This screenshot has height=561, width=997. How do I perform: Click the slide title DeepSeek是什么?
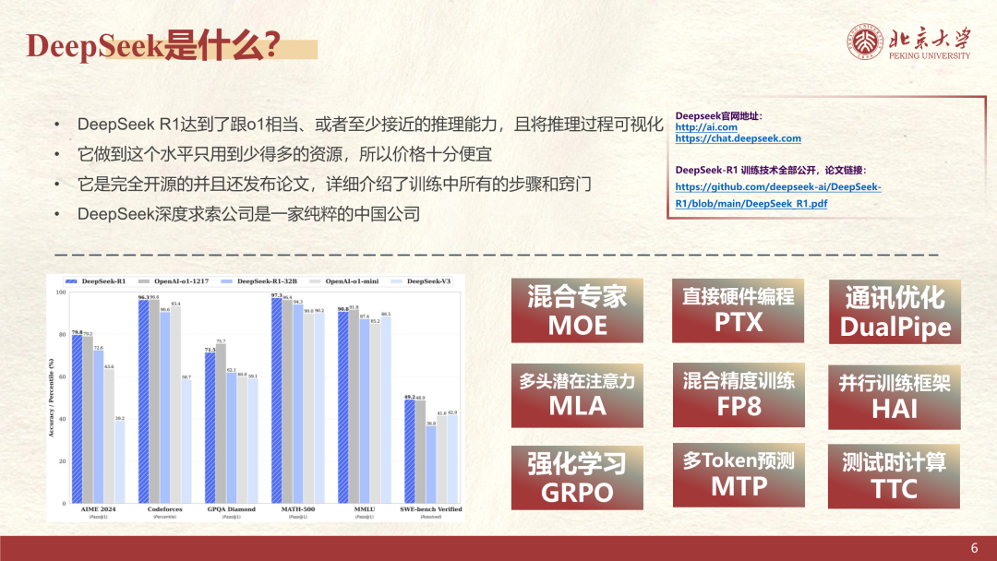153,47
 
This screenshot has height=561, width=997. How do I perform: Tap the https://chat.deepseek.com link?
738,138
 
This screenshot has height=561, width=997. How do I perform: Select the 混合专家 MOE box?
577,310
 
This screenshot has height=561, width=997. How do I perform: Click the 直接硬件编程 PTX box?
738,309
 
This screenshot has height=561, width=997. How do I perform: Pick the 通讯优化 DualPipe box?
895,312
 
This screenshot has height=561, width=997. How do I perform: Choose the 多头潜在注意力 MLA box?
577,392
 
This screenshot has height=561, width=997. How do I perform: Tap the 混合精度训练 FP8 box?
738,392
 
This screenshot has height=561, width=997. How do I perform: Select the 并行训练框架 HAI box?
895,395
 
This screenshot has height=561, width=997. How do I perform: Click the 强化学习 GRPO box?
577,476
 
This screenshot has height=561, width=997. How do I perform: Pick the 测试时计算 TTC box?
895,475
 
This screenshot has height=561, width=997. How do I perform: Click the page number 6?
974,548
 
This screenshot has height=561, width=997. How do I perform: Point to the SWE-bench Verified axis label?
431,509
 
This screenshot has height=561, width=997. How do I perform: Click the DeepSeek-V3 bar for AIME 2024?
120,462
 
